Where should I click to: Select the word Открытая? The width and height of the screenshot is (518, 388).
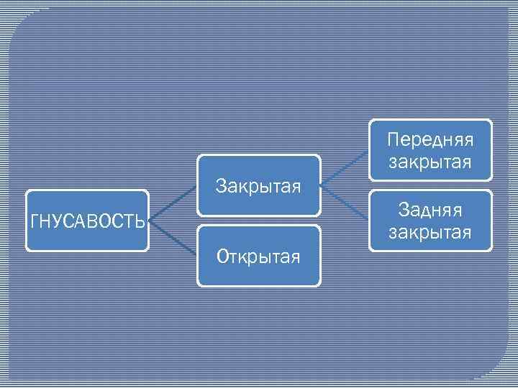pyautogui.click(x=258, y=257)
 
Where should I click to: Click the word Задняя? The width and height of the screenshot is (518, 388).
pyautogui.click(x=430, y=211)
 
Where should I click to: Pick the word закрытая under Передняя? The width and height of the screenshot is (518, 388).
pyautogui.click(x=430, y=163)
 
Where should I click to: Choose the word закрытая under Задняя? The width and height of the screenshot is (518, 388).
pyautogui.click(x=430, y=233)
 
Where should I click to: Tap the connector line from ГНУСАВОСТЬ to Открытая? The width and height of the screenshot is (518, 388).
pyautogui.click(x=173, y=238)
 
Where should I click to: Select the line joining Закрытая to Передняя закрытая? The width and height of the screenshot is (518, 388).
pyautogui.click(x=345, y=169)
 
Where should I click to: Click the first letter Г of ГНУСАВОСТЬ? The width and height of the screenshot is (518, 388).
pyautogui.click(x=34, y=221)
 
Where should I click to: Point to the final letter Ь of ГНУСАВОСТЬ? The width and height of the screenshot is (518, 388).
pyautogui.click(x=141, y=221)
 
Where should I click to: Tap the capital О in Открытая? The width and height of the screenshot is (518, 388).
pyautogui.click(x=222, y=257)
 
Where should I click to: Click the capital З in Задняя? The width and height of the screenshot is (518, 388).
pyautogui.click(x=404, y=211)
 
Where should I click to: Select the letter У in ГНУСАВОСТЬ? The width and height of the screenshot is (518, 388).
pyautogui.click(x=58, y=221)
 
